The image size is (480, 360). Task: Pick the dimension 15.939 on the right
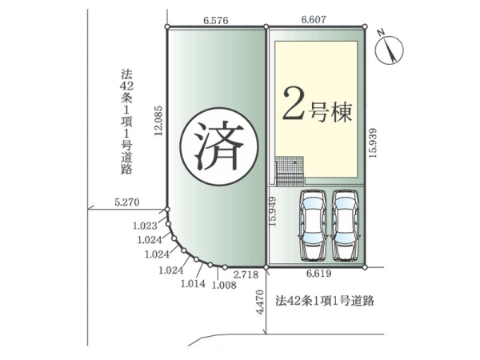click(373, 144)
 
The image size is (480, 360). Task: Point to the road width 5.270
click(126, 203)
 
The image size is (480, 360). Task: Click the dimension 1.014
click(194, 283)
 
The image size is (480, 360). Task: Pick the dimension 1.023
click(145, 226)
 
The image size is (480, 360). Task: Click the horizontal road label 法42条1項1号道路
click(324, 301)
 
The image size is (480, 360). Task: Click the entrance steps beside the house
click(290, 170)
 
